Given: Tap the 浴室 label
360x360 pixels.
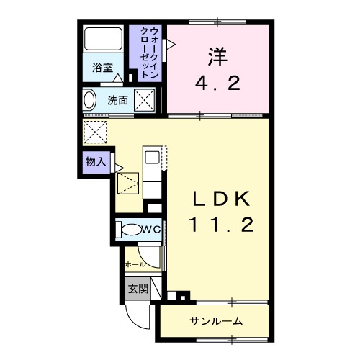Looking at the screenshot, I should coord(103,68).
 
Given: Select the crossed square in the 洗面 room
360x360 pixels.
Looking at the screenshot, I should coord(147,100).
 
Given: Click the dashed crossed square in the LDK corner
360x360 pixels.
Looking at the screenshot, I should coord(94,131).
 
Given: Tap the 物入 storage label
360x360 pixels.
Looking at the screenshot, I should coord(95,162).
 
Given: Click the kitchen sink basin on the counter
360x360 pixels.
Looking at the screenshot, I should coord(153,157).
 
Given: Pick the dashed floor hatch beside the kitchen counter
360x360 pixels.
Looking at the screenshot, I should coord(127,183).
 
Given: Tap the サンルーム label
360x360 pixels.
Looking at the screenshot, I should coord(216,320).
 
